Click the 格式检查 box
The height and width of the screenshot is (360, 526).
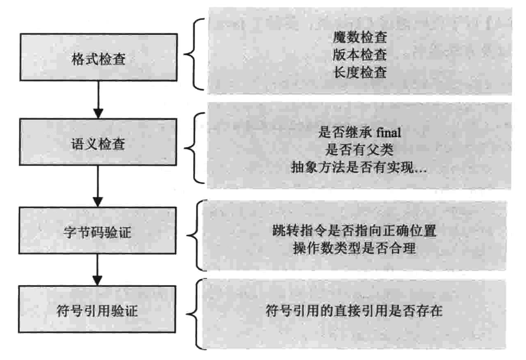(98, 59)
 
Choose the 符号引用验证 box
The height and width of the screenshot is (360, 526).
(98, 309)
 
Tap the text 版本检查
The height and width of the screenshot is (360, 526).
(359, 56)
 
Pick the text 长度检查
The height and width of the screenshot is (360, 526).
(359, 73)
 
